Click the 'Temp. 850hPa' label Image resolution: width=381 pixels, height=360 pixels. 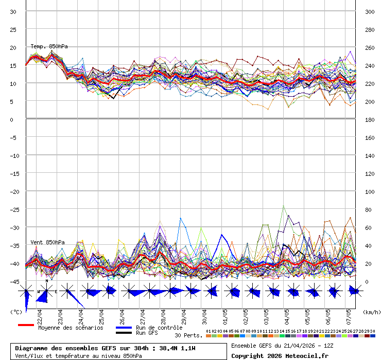[49, 46]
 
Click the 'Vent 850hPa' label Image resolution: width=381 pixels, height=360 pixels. [47, 242]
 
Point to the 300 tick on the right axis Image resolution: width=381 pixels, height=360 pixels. [370, 12]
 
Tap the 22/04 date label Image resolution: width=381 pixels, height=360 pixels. [40, 314]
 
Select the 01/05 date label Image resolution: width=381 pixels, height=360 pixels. [225, 314]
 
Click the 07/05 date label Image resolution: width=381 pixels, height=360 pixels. [349, 314]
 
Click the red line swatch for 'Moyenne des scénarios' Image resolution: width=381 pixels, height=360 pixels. [26, 326]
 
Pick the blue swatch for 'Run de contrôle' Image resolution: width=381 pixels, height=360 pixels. [124, 328]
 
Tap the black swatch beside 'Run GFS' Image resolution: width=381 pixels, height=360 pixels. [124, 333]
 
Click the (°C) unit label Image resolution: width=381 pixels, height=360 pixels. [16, 312]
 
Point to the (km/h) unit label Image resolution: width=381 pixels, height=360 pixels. [371, 312]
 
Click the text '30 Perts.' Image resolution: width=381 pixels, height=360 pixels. [188, 335]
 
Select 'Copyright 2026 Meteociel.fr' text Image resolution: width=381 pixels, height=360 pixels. [280, 355]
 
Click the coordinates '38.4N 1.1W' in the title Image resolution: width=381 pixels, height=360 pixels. [176, 348]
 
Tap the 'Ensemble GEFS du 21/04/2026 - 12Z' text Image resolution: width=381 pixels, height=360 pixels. [283, 345]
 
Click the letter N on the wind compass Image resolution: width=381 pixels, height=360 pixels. [46, 281]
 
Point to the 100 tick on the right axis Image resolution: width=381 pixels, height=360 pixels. [370, 191]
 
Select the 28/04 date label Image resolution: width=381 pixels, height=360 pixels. [163, 314]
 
